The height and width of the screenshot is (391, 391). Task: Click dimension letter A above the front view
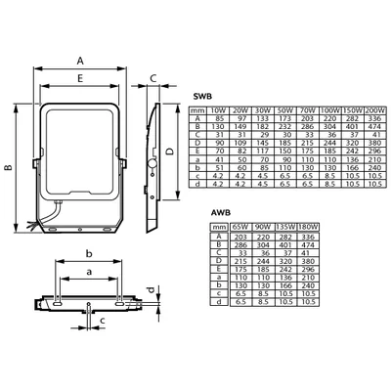(79, 61)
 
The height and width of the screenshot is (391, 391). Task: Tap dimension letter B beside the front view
(10, 168)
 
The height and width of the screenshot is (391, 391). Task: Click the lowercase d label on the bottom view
(150, 290)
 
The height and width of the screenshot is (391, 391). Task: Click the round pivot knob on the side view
(152, 158)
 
